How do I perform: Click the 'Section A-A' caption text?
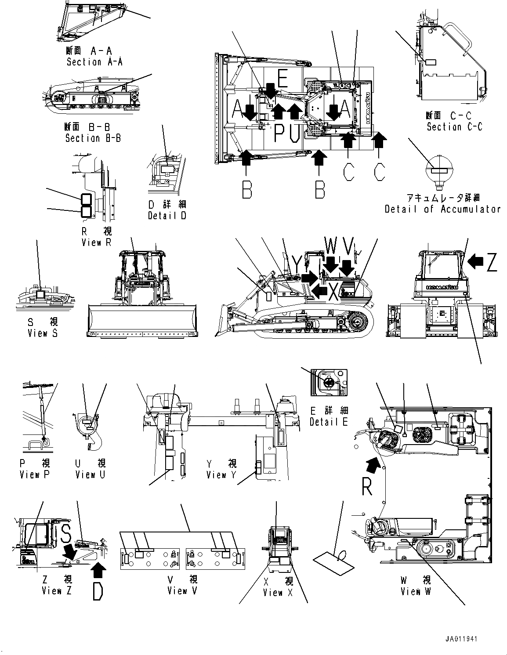tap(94, 62)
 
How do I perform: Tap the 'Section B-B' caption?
tap(93, 138)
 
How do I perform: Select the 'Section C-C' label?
tap(454, 127)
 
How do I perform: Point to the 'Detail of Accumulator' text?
tap(442, 209)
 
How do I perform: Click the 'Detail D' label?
tap(167, 216)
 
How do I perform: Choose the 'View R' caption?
tap(97, 242)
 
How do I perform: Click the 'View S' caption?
tap(42, 333)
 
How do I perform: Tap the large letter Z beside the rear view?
tap(492, 262)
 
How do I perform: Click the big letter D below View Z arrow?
tap(98, 591)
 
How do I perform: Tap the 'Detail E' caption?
tap(329, 422)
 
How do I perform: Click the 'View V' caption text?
tap(182, 591)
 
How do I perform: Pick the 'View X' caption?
tap(278, 593)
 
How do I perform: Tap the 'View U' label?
tap(90, 474)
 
